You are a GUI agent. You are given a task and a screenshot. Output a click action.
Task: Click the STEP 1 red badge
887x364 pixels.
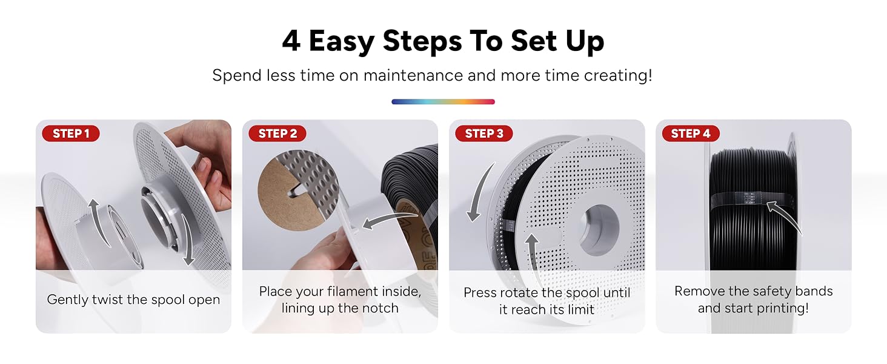(x=71, y=133)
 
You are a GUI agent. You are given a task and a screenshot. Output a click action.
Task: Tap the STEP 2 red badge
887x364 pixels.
(x=277, y=133)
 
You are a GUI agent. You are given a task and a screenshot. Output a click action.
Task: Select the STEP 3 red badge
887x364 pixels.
(x=484, y=133)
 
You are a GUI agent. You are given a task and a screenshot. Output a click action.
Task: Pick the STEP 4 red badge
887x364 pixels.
(x=691, y=133)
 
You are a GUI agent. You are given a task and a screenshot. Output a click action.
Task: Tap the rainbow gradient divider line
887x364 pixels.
(x=443, y=102)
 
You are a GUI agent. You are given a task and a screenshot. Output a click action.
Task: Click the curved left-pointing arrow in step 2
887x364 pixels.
(x=390, y=220)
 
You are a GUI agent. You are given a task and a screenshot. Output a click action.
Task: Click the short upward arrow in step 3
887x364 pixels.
(x=531, y=254)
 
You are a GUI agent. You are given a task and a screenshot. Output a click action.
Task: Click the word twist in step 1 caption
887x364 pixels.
(x=108, y=300)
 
